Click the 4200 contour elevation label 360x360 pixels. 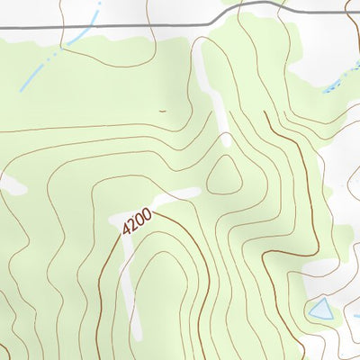[138, 222]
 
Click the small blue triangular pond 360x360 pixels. [319, 311]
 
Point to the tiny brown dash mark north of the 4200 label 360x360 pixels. [162, 111]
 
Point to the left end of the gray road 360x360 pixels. [3, 29]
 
